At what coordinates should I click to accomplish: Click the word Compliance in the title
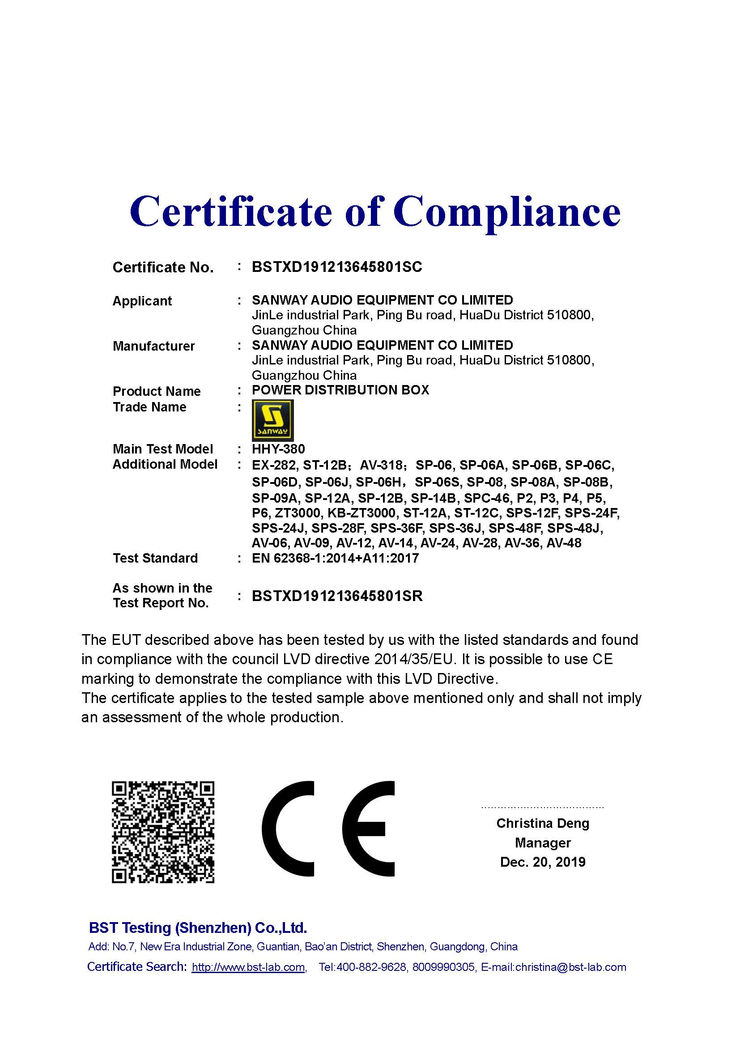coord(507,212)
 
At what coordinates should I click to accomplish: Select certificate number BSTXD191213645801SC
coord(337,267)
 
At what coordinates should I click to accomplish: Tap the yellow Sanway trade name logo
coord(272,420)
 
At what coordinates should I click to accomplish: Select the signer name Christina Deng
coord(543,823)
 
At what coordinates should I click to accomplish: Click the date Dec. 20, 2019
coord(543,862)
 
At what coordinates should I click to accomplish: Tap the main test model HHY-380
coord(278,449)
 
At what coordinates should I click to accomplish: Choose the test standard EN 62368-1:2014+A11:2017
coord(335,558)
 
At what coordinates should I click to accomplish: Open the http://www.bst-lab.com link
coord(248,967)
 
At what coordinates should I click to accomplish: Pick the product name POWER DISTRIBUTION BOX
coord(340,390)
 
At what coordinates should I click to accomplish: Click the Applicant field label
coord(142,301)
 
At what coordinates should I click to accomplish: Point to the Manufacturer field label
coord(153,346)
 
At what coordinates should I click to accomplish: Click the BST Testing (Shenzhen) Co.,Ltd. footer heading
coord(198,927)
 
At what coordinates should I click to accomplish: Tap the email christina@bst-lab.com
coord(571,967)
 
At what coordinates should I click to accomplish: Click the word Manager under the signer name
coord(543,843)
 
